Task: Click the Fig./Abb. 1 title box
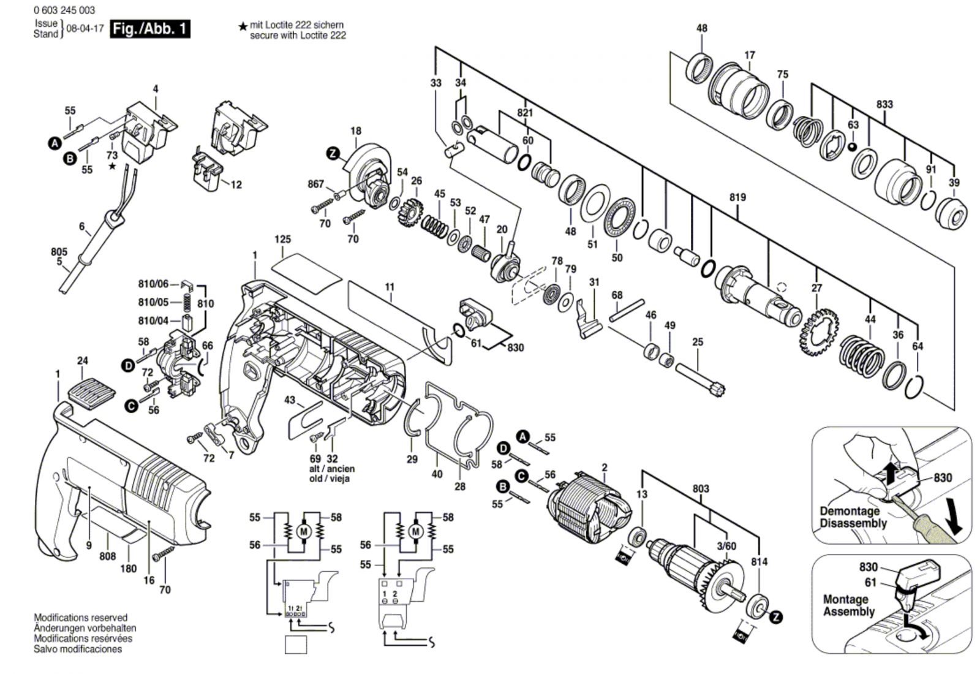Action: point(150,29)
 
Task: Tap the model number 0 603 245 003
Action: point(64,10)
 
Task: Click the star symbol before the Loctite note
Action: point(243,27)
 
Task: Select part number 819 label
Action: point(737,197)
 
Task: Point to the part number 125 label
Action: point(282,240)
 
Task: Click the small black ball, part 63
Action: point(852,146)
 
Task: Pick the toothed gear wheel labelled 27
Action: point(819,331)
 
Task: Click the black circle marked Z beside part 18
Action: point(333,153)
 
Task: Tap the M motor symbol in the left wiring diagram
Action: point(303,532)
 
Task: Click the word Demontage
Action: point(850,511)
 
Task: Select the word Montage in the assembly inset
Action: point(846,599)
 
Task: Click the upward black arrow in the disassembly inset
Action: point(889,474)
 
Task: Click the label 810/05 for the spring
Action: point(153,303)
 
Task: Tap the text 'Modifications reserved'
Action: point(80,618)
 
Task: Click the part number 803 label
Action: point(701,488)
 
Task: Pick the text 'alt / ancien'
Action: point(332,469)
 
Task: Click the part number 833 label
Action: point(884,105)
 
